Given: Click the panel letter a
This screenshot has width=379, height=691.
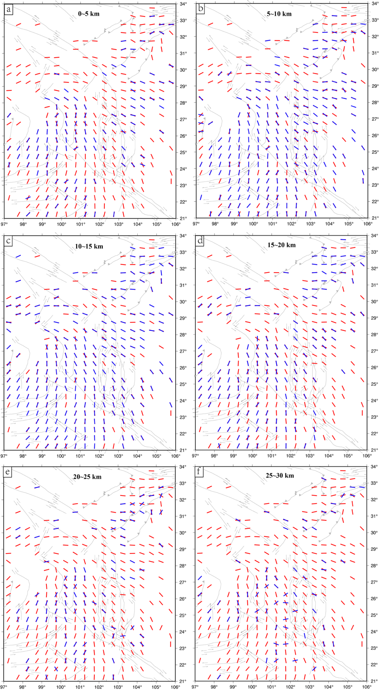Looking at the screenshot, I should point(8,8).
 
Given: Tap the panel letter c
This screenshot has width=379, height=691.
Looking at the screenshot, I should point(8,240).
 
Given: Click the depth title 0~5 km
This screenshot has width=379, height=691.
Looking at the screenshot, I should point(88,14).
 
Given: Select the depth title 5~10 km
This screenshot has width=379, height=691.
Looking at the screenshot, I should point(279,14).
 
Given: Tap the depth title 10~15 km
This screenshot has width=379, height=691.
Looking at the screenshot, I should point(88,246).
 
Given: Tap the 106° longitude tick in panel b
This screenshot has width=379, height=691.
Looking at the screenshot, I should point(368,224).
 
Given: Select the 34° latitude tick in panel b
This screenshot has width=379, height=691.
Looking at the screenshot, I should point(374,4).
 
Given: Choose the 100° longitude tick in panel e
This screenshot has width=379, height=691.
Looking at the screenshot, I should point(61,687).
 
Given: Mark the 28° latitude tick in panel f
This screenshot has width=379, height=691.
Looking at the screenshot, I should point(373,566).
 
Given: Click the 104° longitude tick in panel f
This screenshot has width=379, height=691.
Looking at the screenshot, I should point(329,687).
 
